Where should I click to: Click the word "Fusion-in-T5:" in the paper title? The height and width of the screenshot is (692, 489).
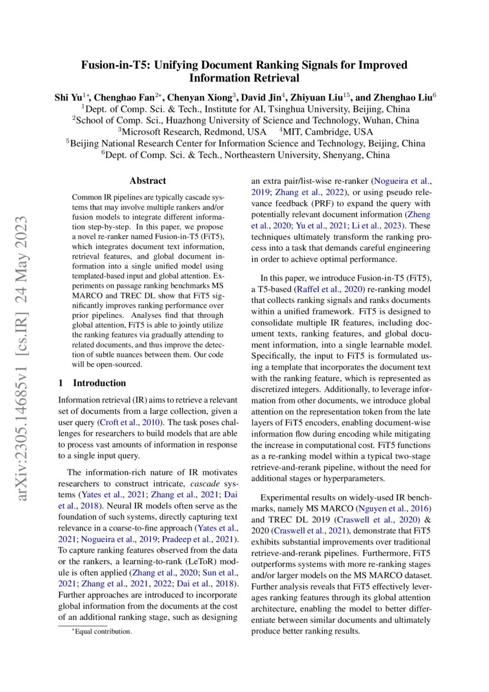point(115,65)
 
